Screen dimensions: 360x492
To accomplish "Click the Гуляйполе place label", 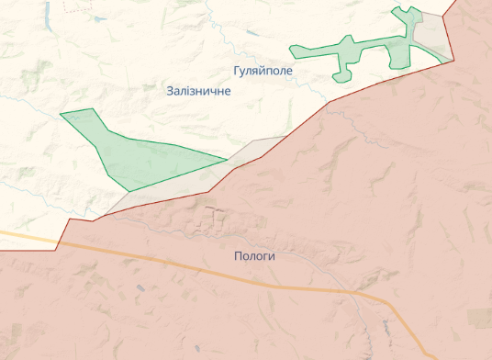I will coord(263,71).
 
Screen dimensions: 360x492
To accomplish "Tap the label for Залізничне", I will coord(198,92).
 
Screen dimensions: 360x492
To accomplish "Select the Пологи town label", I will coord(254,257).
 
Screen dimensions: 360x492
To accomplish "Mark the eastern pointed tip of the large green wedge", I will coord(226,160).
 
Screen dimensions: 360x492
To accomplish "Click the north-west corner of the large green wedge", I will coord(61,114).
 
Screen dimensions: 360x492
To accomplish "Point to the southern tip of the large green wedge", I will coord(129,190).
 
